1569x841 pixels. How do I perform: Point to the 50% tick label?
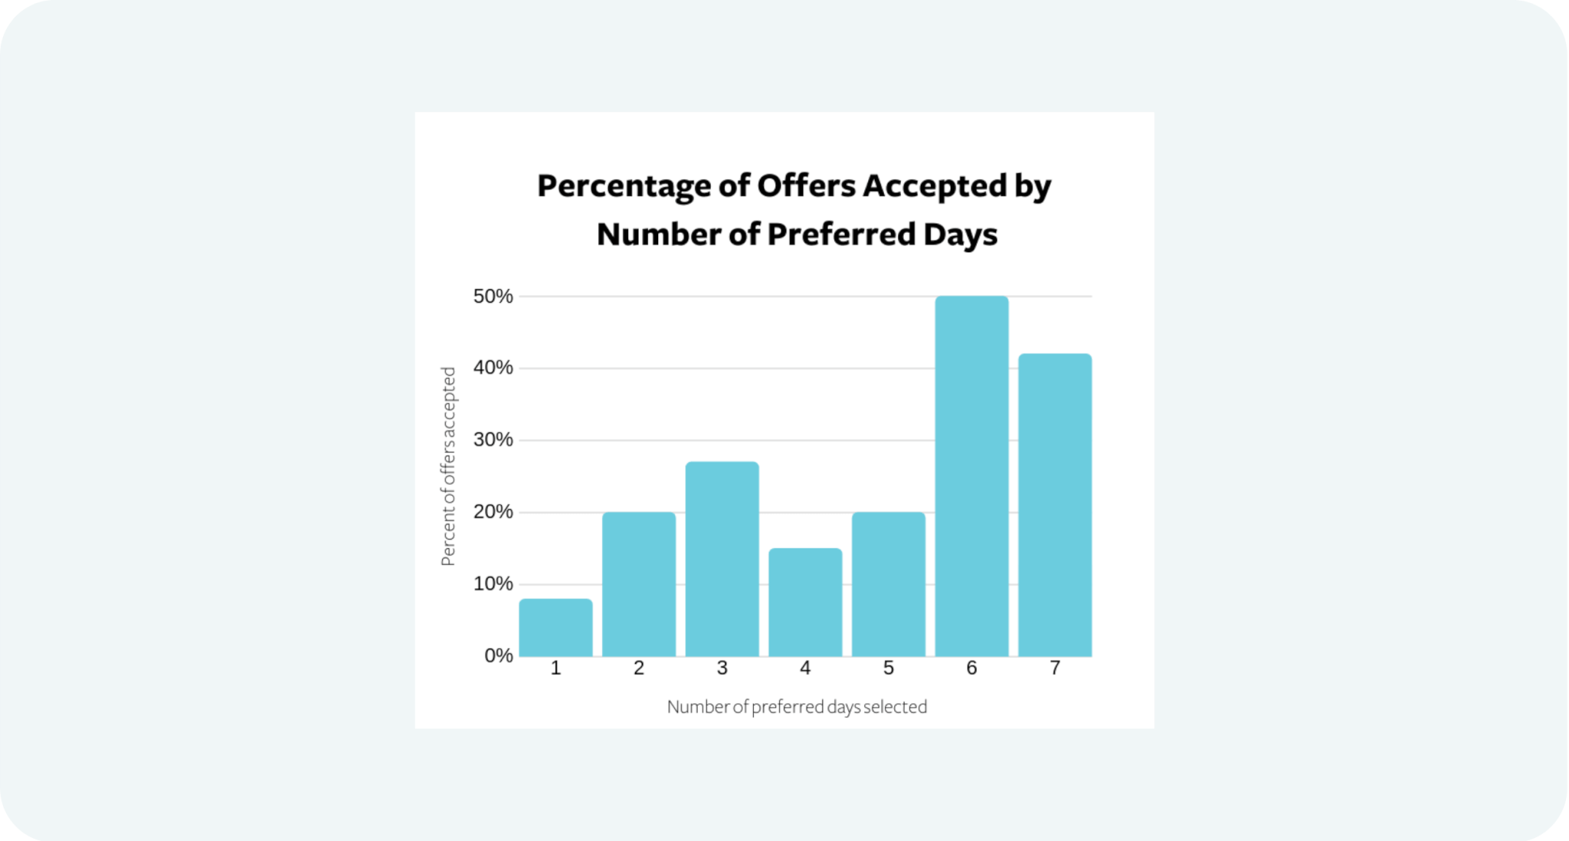point(493,296)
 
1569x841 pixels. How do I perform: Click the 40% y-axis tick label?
point(493,368)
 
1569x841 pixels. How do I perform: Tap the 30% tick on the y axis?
point(493,440)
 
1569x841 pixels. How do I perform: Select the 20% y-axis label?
point(493,512)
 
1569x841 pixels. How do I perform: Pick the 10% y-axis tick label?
point(493,584)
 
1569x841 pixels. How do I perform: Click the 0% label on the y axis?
point(499,656)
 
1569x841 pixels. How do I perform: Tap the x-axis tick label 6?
point(971,669)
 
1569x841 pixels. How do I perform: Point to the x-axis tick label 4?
point(805,669)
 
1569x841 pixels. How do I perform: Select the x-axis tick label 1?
point(555,669)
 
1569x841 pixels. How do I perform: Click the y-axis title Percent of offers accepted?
point(448,466)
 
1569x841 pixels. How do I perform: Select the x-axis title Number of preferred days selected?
point(797,707)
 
